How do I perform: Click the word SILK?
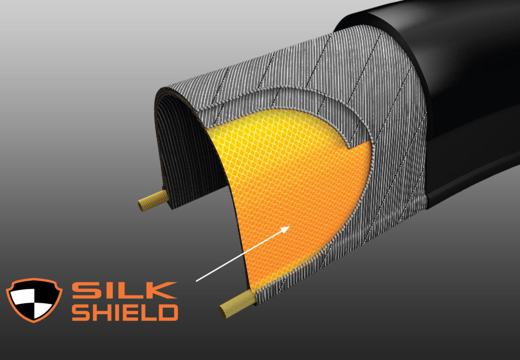point(124,290)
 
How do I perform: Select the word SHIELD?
point(125,312)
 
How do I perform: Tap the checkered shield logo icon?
point(34,300)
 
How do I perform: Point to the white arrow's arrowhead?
point(287,228)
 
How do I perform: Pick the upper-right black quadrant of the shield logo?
point(43,293)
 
